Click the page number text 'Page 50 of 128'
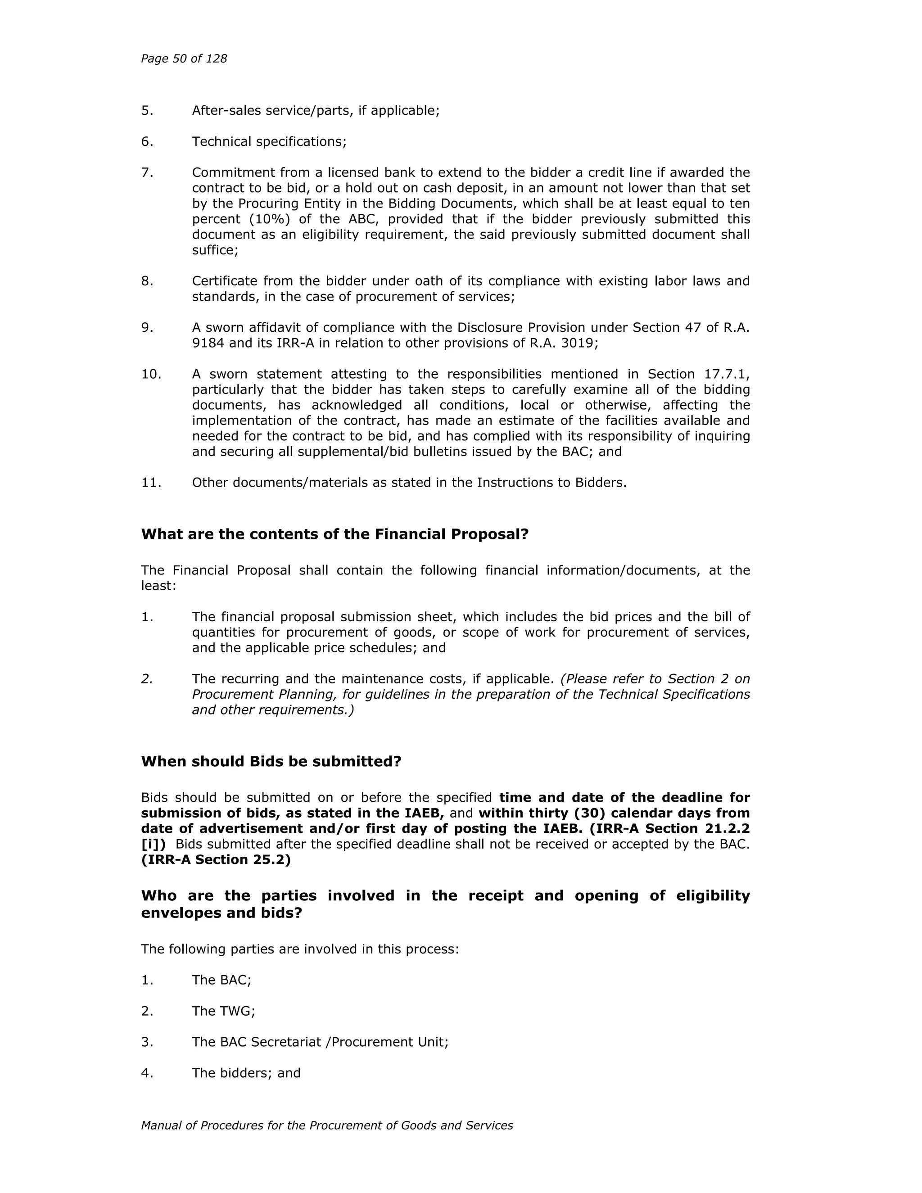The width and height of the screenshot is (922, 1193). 184,59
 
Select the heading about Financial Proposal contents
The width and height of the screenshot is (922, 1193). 335,534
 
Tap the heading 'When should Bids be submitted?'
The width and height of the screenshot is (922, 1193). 271,761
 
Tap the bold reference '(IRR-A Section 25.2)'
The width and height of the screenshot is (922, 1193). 216,860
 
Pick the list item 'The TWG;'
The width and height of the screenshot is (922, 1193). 223,1011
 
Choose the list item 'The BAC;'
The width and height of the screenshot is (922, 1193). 221,980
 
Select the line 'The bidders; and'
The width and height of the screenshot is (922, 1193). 246,1073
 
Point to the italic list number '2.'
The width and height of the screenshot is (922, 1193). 147,679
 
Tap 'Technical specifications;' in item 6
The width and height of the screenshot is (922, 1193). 269,142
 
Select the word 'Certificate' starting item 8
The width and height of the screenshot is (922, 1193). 225,281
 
